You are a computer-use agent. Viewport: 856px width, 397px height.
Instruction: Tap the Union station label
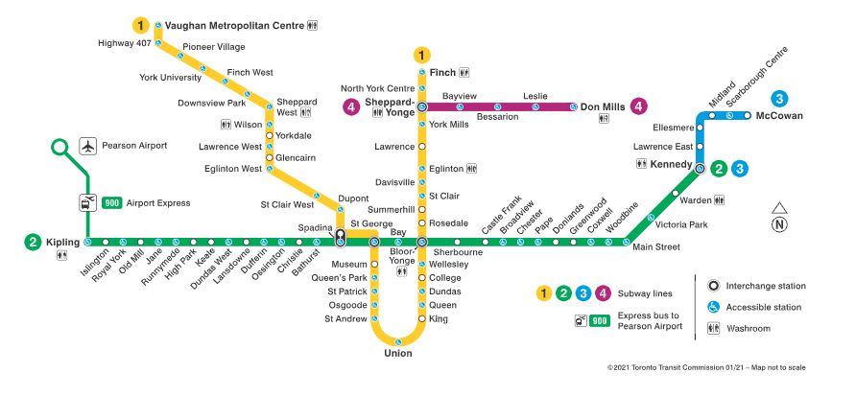397,354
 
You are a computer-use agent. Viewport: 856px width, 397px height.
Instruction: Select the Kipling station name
62,243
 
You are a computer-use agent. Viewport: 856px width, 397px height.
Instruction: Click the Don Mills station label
603,107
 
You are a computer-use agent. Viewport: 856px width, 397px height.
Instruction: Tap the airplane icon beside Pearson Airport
89,146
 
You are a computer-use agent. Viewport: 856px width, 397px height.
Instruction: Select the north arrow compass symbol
779,218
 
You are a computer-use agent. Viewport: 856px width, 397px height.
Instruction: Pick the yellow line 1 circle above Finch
421,55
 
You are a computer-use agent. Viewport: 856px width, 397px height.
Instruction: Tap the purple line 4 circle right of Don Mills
639,107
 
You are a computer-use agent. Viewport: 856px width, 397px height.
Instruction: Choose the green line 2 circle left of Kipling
32,243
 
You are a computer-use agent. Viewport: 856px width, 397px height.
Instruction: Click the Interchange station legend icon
714,286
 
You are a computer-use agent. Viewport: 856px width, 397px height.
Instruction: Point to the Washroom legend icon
714,328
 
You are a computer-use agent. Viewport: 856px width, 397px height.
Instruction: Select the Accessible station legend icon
714,307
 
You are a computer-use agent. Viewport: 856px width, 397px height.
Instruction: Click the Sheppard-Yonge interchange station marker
421,107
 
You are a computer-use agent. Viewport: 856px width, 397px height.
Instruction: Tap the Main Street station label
656,247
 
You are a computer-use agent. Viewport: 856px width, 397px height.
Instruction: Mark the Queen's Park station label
345,277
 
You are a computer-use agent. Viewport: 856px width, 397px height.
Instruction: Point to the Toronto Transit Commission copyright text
706,367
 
